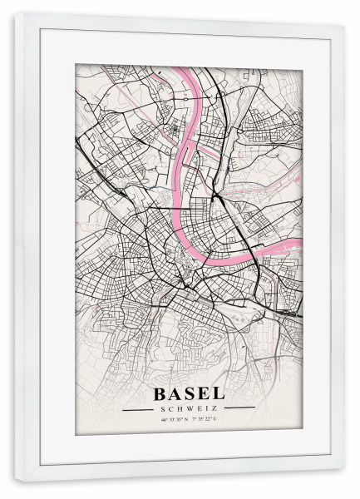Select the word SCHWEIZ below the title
(x=189, y=408)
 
